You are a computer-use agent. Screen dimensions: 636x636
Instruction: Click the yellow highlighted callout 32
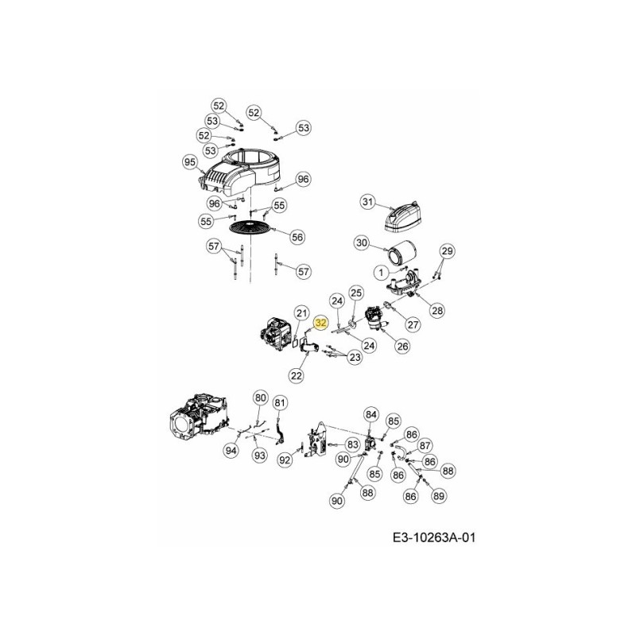(321, 323)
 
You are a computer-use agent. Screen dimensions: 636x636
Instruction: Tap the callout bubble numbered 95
(189, 162)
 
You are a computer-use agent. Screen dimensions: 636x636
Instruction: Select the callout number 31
(367, 202)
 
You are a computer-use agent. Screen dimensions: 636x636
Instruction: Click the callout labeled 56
(297, 237)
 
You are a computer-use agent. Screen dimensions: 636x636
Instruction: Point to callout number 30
(362, 243)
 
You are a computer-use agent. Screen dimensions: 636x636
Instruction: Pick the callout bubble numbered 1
(381, 273)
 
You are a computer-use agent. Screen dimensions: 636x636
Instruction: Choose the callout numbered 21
(301, 312)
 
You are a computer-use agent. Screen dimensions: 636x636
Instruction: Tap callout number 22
(297, 375)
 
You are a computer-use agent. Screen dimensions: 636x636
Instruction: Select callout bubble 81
(280, 403)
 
